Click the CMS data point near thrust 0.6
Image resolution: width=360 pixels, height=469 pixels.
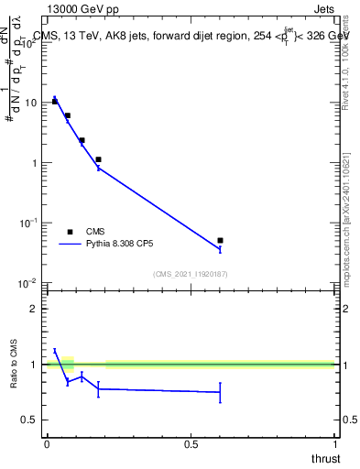click(x=220, y=241)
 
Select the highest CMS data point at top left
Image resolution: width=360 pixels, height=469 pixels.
click(x=55, y=102)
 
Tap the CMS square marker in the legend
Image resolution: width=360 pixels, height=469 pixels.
click(x=70, y=232)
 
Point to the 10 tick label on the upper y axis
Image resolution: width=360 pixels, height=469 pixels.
click(x=30, y=103)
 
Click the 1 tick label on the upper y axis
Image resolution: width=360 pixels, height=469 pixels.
click(x=34, y=163)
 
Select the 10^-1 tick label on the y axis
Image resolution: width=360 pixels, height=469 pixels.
click(x=28, y=224)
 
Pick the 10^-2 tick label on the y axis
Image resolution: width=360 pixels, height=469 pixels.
click(x=28, y=284)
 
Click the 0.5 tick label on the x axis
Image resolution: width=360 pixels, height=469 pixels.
click(x=191, y=443)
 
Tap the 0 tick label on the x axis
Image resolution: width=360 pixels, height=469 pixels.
click(x=47, y=443)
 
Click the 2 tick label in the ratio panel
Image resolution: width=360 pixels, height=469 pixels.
click(x=35, y=309)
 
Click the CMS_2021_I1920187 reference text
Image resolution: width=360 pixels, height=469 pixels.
click(x=190, y=273)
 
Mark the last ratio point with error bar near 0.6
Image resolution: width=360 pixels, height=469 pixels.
click(x=220, y=392)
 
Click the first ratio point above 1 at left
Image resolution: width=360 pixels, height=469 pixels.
click(x=55, y=350)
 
